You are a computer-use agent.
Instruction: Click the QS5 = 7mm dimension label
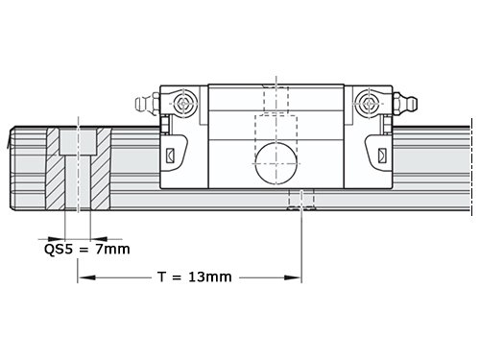[87, 249]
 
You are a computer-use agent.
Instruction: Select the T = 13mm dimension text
[195, 276]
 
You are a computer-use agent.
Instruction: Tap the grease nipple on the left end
[147, 104]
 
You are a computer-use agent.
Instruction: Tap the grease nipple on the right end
[405, 104]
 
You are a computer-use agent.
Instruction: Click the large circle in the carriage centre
[276, 163]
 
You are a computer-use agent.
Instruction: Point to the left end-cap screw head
[182, 104]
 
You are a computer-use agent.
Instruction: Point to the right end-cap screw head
[370, 104]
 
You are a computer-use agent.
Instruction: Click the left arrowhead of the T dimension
[86, 277]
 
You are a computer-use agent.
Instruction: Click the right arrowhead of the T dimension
[293, 277]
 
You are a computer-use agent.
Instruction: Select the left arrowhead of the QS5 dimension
[57, 239]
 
